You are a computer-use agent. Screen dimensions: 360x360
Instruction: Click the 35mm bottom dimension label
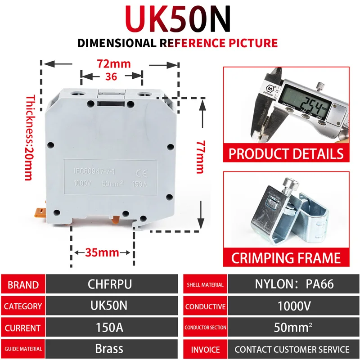tap(102, 252)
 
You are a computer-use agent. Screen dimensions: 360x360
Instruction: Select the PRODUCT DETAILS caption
tap(286, 153)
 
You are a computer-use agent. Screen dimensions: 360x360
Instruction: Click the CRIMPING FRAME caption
tap(286, 258)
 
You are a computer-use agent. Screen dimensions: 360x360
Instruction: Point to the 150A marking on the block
tap(139, 184)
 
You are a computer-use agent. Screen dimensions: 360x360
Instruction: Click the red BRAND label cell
tap(23, 285)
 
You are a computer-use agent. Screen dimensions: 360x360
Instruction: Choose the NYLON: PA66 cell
tap(292, 284)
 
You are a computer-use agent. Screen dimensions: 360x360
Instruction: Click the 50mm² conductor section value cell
tap(292, 328)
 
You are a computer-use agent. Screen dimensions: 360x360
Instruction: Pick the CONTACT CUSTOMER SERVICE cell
tap(292, 349)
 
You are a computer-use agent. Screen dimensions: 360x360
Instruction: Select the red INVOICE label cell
tap(205, 349)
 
